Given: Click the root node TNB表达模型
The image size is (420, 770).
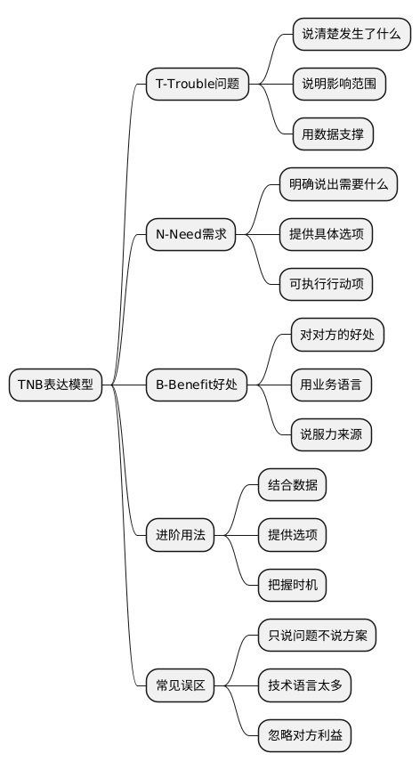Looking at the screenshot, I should (55, 385).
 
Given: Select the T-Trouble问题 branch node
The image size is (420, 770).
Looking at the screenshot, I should (198, 85).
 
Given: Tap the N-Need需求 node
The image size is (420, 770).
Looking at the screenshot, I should (190, 235).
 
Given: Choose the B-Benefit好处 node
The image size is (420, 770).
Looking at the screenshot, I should (197, 385).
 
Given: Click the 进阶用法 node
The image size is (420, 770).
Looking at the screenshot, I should (181, 535).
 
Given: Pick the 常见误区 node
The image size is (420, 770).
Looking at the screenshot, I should (181, 685).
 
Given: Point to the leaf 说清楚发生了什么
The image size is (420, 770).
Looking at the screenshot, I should (351, 35).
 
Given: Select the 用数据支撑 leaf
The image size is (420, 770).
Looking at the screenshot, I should (333, 134).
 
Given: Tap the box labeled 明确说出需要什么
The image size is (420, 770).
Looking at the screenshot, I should (337, 185).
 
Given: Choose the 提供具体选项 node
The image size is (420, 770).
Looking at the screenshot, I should (326, 235).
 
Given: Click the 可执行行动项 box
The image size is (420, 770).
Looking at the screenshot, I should (326, 285).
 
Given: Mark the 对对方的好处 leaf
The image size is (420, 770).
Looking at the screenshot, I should (337, 335).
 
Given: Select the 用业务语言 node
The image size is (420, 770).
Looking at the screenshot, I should (331, 385).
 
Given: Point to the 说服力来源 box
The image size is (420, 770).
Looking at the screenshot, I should (331, 434).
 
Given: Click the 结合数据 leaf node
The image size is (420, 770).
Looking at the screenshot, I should (292, 485).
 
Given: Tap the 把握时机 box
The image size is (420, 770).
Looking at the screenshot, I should (292, 585).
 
